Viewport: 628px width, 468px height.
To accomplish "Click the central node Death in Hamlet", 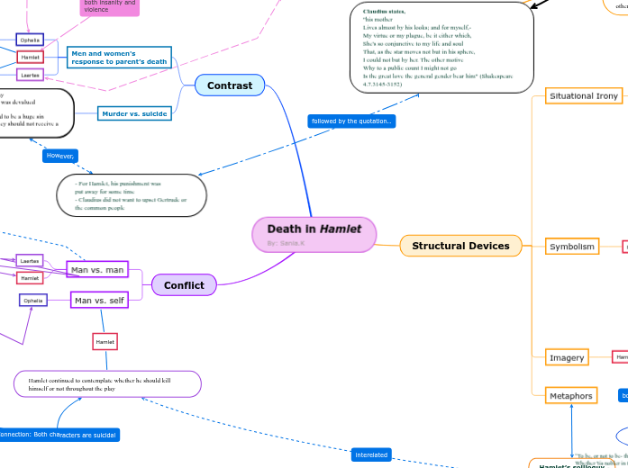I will tap(314, 230).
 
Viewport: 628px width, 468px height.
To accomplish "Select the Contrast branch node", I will tap(230, 85).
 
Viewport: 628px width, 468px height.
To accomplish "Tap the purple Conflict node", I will tap(184, 285).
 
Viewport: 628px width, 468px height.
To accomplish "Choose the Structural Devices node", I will tap(460, 246).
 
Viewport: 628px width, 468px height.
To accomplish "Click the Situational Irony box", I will tap(583, 96).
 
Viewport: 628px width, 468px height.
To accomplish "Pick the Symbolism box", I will tap(572, 247).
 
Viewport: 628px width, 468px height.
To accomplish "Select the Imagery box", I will tap(567, 358).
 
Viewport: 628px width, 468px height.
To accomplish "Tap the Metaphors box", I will tap(571, 396).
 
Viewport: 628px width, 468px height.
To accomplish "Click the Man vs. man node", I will tap(97, 270).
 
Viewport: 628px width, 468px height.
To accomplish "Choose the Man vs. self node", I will tap(100, 300).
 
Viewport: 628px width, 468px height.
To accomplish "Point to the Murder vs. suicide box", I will tap(134, 113).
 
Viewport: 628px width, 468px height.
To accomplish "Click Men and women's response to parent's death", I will tap(119, 58).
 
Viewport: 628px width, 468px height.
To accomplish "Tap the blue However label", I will tap(60, 156).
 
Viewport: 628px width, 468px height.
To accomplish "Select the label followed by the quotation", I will tap(351, 121).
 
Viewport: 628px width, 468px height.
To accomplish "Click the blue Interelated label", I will tap(371, 454).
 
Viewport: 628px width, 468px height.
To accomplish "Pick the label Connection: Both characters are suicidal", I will tap(59, 435).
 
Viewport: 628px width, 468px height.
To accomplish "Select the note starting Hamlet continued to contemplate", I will tap(107, 384).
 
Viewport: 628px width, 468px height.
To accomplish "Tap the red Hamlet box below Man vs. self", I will tap(105, 342).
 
